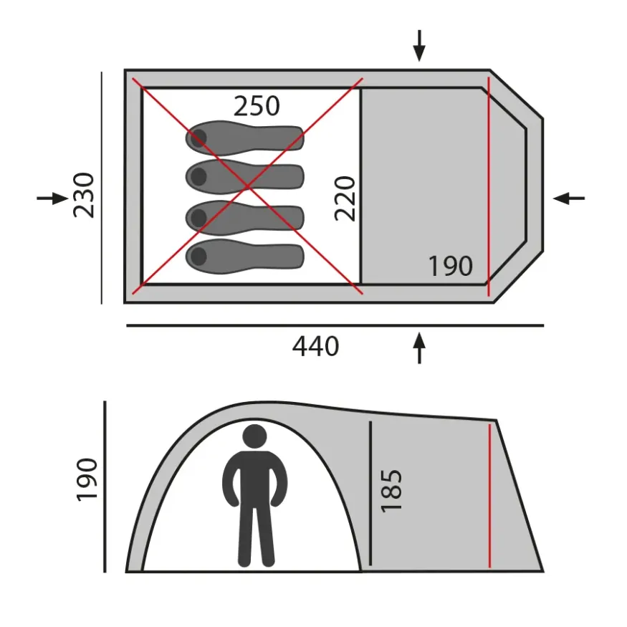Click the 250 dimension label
[x=257, y=106]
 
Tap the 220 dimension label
[x=345, y=198]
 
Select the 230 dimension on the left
[x=84, y=195]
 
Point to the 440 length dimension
[x=315, y=346]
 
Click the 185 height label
[x=391, y=490]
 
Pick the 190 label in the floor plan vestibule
[x=451, y=266]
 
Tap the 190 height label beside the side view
[x=87, y=479]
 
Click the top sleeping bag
[x=245, y=138]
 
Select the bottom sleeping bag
[x=245, y=257]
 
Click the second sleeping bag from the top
[x=245, y=177]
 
